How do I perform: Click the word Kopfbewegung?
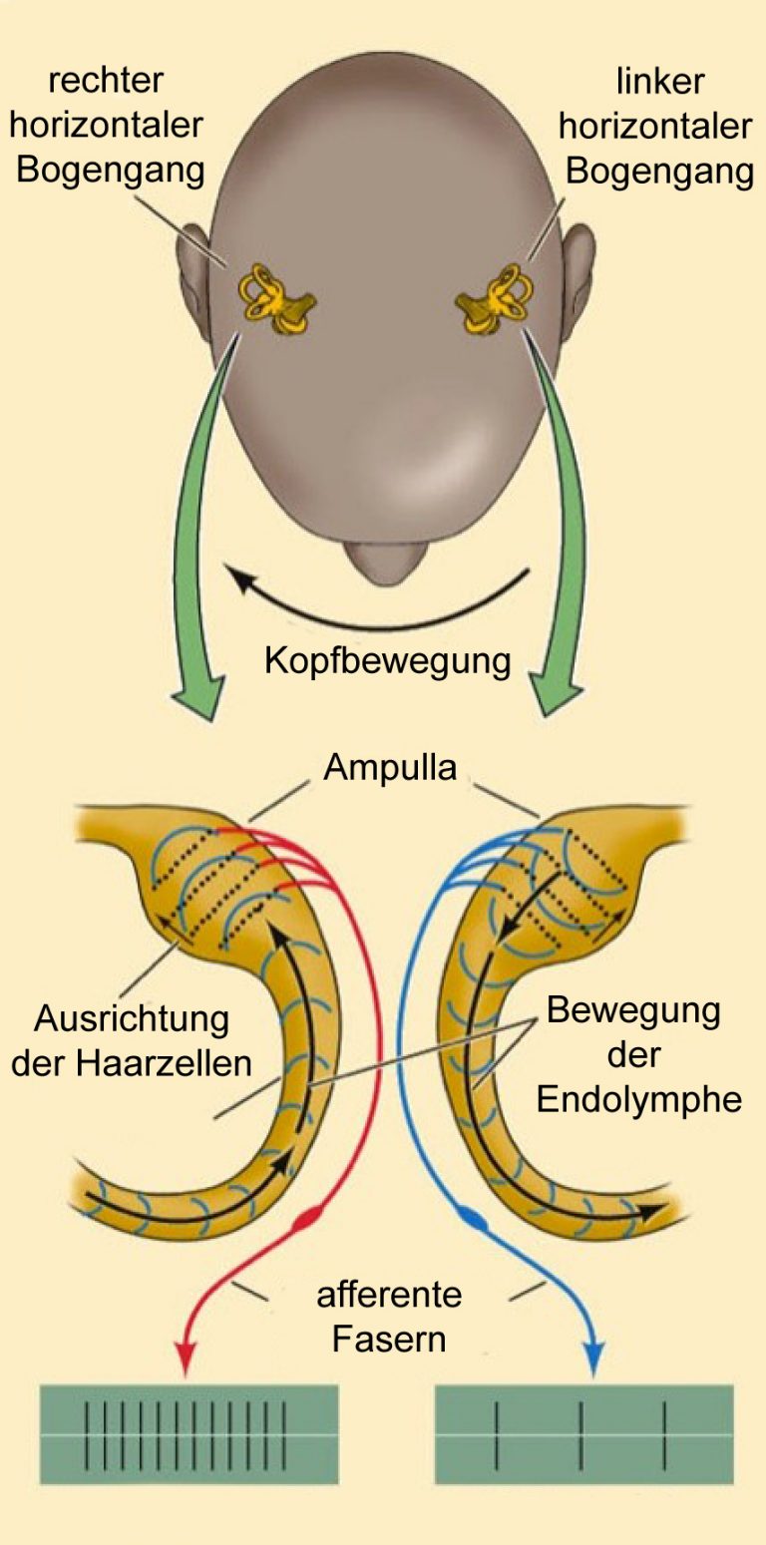click(387, 661)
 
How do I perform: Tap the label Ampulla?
click(390, 767)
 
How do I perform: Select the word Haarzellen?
click(165, 1063)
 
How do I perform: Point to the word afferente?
click(389, 1295)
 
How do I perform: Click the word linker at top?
click(660, 82)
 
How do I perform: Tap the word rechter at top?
click(106, 80)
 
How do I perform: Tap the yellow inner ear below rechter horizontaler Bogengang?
click(276, 299)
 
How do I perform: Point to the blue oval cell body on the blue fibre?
click(474, 1218)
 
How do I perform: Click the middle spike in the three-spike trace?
click(580, 1434)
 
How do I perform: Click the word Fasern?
click(389, 1339)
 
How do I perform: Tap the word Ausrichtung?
click(132, 1018)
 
